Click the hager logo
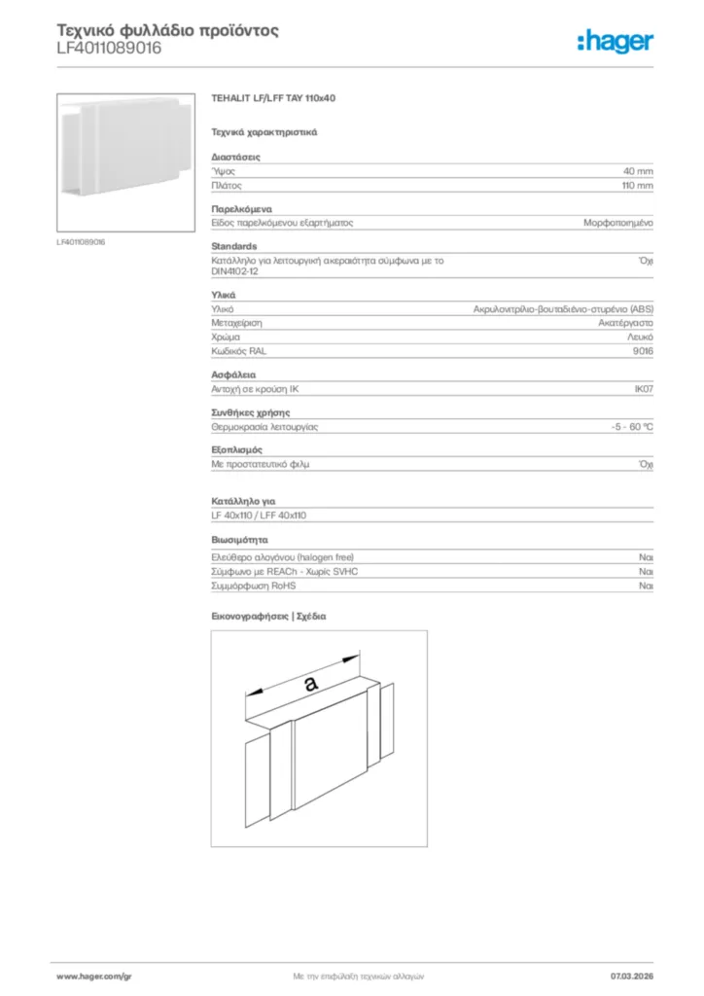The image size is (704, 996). (615, 41)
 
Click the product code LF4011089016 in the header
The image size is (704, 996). (109, 48)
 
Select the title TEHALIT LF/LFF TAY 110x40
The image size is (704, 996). (274, 99)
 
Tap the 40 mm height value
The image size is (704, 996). (638, 170)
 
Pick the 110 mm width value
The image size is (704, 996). (637, 185)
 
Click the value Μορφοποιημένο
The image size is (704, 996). (617, 223)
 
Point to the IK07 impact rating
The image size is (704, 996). (643, 389)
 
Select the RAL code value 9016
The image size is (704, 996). (642, 350)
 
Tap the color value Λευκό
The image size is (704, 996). (639, 337)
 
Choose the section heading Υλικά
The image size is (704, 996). (224, 295)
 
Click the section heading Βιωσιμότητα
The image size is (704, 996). (239, 539)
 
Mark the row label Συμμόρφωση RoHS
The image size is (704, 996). (253, 587)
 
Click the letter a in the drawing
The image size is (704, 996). (310, 685)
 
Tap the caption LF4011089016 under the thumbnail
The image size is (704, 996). (81, 241)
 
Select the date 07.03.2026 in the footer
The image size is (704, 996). (631, 976)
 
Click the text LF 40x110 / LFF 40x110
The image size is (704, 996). (259, 516)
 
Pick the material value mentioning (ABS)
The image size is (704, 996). (563, 308)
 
